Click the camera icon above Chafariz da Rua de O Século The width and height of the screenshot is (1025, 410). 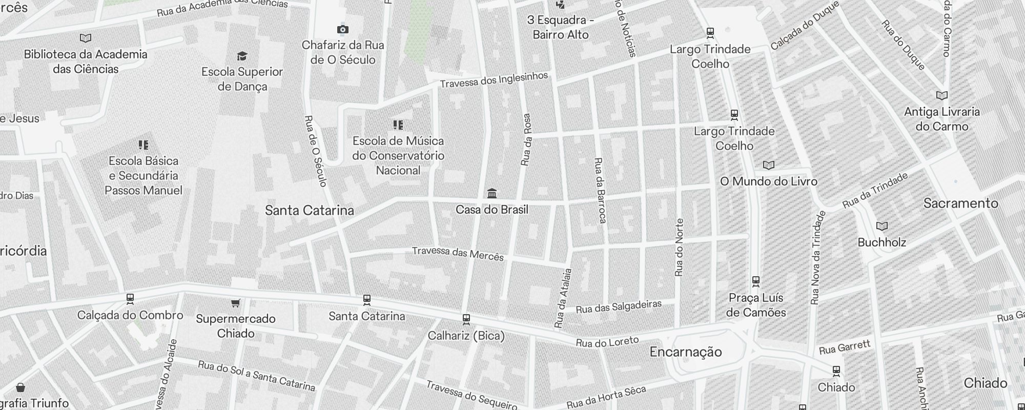(342, 29)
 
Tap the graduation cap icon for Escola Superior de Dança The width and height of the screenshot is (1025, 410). (242, 56)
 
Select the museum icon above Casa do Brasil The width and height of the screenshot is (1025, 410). (492, 193)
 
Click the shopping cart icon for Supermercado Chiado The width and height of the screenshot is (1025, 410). (235, 303)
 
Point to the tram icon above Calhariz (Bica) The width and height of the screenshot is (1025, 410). (466, 319)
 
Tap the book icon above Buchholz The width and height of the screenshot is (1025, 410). (881, 226)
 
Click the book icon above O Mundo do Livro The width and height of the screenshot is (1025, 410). (768, 165)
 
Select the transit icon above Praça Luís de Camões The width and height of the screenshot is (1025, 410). (755, 281)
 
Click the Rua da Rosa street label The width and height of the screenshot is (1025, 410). (526, 139)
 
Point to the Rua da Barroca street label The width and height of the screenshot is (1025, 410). (600, 190)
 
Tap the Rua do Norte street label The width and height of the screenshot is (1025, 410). (679, 248)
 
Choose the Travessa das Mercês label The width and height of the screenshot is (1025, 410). (458, 253)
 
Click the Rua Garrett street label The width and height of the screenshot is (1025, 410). (845, 347)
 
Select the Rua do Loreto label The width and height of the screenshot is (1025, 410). (607, 342)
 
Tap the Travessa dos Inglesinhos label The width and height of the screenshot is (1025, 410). (494, 80)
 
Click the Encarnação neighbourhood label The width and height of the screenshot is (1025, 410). (686, 352)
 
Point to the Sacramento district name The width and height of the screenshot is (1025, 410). (960, 203)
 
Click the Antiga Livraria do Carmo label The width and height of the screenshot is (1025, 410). (942, 119)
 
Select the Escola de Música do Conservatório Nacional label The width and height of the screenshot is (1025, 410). (398, 155)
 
